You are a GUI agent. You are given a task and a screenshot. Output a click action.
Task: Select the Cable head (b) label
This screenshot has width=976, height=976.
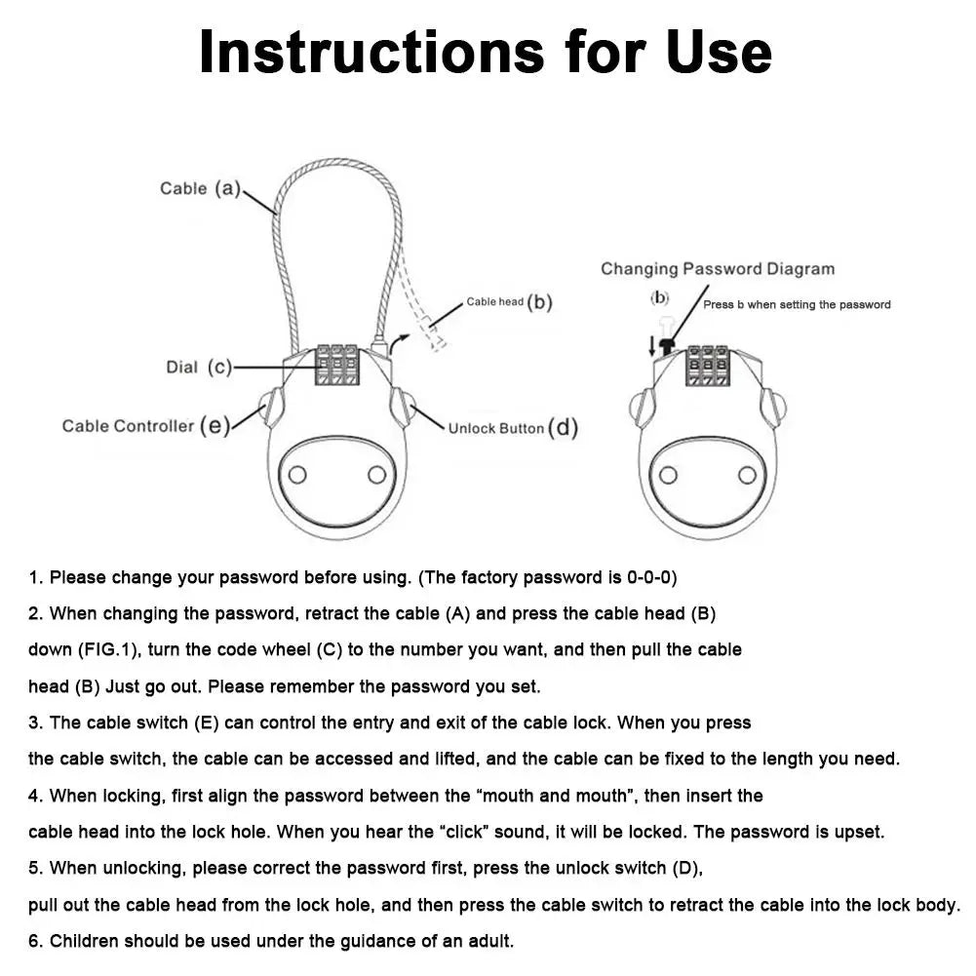[509, 302]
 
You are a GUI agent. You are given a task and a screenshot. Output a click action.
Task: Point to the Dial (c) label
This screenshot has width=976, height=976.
[199, 368]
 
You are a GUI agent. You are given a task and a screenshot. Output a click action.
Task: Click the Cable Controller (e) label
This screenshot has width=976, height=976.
[145, 426]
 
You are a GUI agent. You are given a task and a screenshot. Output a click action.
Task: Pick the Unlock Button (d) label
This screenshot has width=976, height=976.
[513, 428]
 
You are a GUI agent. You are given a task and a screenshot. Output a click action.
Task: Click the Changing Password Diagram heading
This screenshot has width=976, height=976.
[717, 269]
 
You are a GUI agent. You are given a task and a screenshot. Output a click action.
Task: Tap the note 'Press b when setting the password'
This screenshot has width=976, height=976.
[797, 305]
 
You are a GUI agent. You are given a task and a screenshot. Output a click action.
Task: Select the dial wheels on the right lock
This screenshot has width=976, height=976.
[707, 366]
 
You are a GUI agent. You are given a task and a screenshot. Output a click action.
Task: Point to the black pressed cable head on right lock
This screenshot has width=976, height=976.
[668, 344]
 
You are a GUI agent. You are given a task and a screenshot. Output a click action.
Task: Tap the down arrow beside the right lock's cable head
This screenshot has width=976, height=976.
[652, 344]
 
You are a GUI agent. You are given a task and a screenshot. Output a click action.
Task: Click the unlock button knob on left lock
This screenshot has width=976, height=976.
[400, 406]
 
